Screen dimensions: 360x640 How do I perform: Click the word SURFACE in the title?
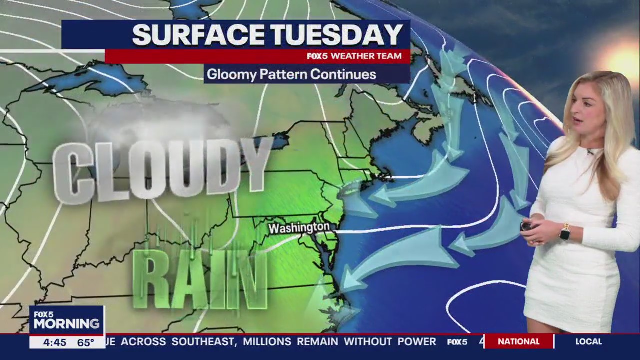(198, 35)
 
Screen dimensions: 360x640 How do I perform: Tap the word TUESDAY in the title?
(336, 35)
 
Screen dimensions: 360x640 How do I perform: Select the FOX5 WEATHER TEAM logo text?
(354, 56)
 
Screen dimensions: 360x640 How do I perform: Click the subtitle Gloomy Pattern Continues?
(291, 75)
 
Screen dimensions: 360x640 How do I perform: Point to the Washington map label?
(299, 228)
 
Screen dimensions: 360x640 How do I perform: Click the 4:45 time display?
(54, 343)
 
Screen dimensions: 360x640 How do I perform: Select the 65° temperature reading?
(85, 343)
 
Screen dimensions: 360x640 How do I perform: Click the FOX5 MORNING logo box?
(66, 320)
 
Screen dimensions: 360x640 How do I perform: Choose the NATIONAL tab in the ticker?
(518, 342)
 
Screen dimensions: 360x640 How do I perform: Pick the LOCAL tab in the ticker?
(588, 342)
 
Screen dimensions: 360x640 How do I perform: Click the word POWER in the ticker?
(417, 342)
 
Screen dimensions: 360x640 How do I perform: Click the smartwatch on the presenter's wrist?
(565, 232)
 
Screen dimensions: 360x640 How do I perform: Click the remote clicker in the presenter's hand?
(526, 226)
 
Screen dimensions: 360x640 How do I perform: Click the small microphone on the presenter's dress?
(590, 151)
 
